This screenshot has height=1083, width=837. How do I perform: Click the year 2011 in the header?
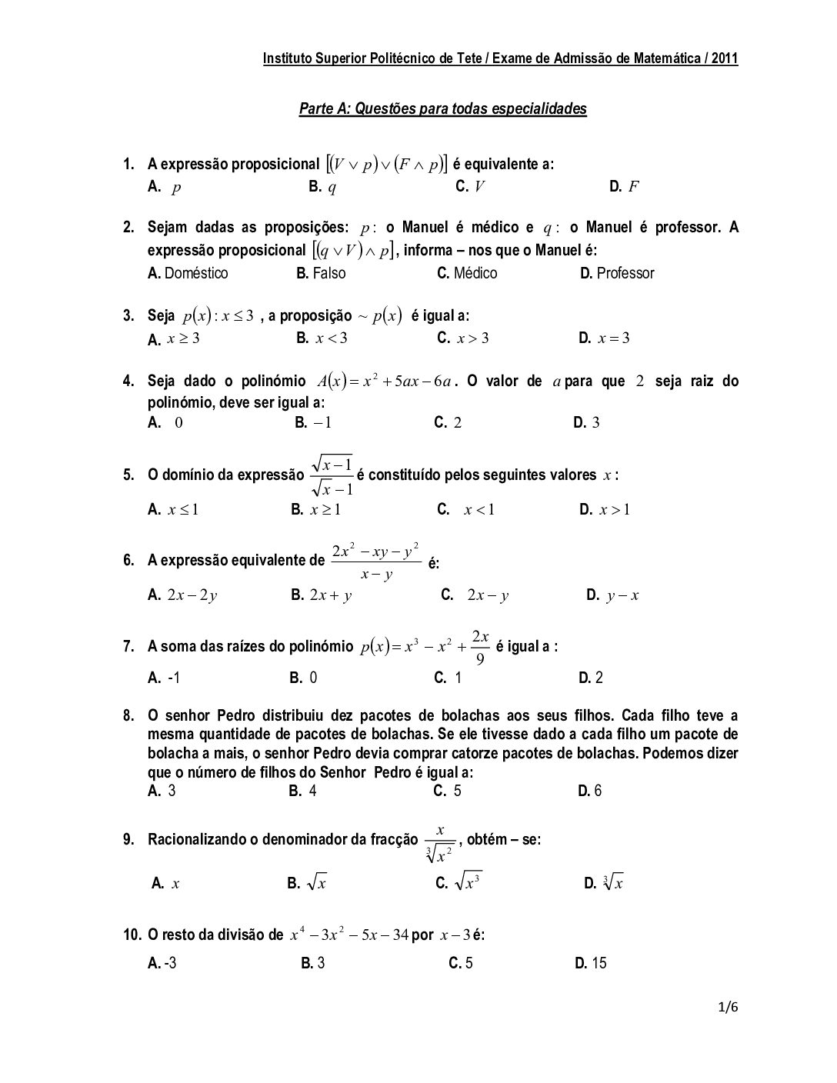[x=724, y=58]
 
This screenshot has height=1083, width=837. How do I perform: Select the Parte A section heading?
[x=442, y=108]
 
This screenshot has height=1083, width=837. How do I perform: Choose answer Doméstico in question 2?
[x=195, y=273]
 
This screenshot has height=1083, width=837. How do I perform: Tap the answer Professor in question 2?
[x=625, y=273]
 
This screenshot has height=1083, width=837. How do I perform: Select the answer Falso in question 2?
[x=328, y=273]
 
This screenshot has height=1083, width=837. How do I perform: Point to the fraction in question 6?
[x=375, y=561]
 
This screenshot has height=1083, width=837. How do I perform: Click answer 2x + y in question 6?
[x=330, y=595]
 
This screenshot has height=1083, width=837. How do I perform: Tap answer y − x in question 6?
[x=622, y=595]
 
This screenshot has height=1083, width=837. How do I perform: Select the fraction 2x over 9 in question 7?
[x=480, y=647]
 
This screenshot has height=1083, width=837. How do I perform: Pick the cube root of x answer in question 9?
[x=613, y=884]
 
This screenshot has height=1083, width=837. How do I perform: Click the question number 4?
[x=128, y=381]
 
